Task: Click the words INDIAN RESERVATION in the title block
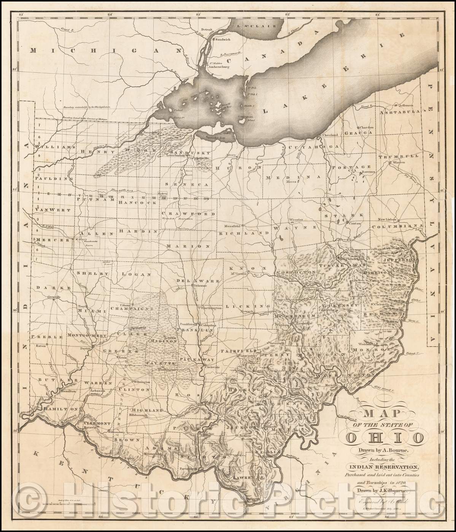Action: tap(382, 467)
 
